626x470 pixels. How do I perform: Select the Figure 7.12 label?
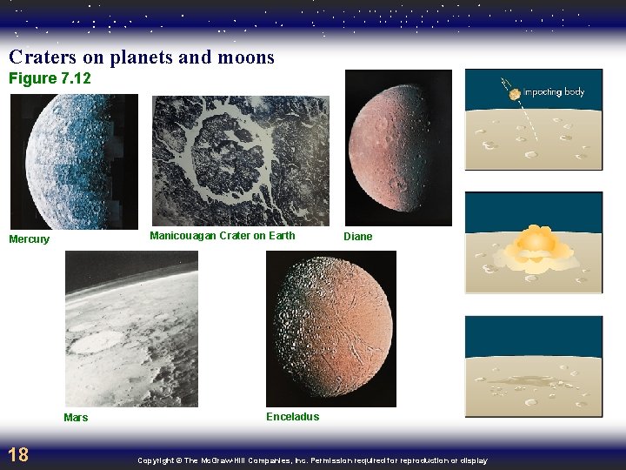pos(50,79)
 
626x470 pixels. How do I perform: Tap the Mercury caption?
pos(30,239)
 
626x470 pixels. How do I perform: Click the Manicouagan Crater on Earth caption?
pos(222,236)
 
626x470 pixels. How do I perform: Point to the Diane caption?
pos(357,237)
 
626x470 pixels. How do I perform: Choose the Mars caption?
pos(76,418)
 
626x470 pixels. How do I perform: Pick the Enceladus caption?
pos(292,417)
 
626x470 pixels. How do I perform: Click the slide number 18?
pos(17,453)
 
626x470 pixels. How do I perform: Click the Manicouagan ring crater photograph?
pos(241,160)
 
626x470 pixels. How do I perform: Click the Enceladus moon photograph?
pos(330,329)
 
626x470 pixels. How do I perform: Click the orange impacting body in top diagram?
pos(516,93)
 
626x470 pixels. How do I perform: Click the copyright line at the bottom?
pos(312,460)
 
